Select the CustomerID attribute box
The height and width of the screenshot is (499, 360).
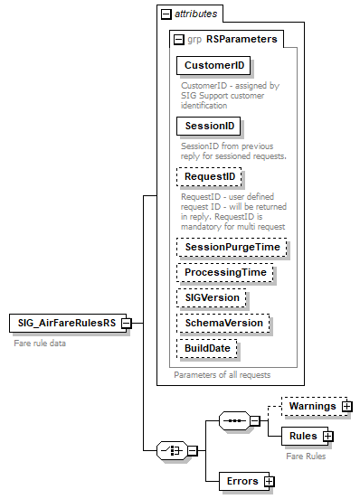tap(213, 66)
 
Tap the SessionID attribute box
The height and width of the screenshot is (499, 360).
tap(208, 127)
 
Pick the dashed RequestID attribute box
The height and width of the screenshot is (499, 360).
tap(209, 177)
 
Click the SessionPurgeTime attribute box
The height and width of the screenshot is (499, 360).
tap(231, 247)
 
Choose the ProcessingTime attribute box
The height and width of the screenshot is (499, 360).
tap(225, 272)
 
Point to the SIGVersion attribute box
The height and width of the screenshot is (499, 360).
tap(213, 297)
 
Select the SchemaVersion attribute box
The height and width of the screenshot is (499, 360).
tap(223, 323)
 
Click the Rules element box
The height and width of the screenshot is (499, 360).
tap(302, 437)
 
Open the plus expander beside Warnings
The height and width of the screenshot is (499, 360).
tap(346, 407)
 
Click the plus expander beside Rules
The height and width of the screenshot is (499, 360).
tap(328, 437)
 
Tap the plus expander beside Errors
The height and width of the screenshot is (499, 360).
tap(269, 481)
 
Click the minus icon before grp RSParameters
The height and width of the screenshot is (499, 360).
tap(179, 39)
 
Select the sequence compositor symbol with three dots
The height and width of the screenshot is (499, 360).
tap(233, 421)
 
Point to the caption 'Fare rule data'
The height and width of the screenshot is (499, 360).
tap(40, 344)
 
